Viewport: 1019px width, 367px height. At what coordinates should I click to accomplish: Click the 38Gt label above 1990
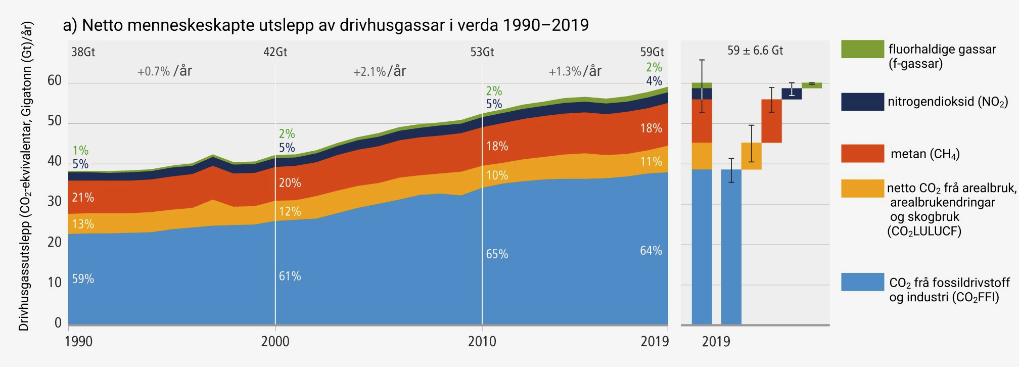point(83,52)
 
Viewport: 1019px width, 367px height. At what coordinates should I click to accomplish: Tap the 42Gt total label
point(275,52)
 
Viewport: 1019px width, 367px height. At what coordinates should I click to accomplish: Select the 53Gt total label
point(482,52)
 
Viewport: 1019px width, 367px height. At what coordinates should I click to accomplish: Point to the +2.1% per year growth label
point(380,71)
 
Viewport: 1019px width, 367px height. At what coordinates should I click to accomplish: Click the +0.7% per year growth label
point(165,71)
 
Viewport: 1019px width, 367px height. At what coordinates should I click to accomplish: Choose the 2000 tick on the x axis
point(275,342)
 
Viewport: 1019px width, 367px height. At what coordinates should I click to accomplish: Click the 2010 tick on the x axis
point(482,342)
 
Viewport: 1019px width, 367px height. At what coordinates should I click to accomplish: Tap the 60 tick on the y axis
point(55,81)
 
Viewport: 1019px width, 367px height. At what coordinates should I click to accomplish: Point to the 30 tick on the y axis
point(55,202)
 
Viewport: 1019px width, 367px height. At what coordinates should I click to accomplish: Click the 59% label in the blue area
point(83,279)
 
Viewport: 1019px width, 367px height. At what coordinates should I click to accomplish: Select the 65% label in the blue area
point(497,254)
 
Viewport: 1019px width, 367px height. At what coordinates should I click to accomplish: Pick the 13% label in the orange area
point(83,224)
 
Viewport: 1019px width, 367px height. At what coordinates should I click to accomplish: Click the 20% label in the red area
point(290,183)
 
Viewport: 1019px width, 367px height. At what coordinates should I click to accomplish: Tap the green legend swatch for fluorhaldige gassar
point(862,49)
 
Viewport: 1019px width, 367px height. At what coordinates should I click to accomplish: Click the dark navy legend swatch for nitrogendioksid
point(862,102)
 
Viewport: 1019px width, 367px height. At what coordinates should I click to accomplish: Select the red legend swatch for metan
point(862,154)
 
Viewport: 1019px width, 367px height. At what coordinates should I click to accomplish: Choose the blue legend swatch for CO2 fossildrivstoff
point(862,282)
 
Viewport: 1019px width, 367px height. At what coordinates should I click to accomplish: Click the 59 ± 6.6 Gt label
point(755,51)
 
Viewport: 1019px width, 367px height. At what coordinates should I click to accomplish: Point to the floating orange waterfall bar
point(751,156)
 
